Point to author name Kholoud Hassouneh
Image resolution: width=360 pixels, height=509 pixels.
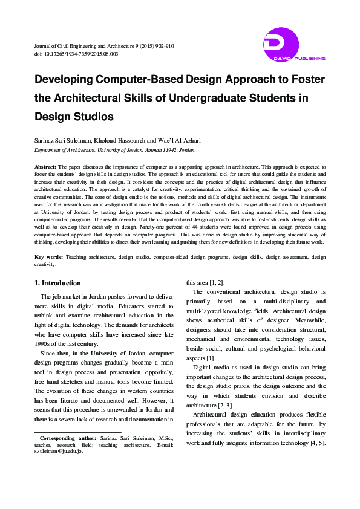pos(123,141)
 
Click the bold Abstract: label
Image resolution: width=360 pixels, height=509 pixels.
pos(45,166)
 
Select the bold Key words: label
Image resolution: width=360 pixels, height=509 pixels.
pos(48,257)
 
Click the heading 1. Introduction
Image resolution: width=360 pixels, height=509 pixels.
pos(57,283)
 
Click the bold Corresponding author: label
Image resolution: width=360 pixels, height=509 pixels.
pos(65,437)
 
